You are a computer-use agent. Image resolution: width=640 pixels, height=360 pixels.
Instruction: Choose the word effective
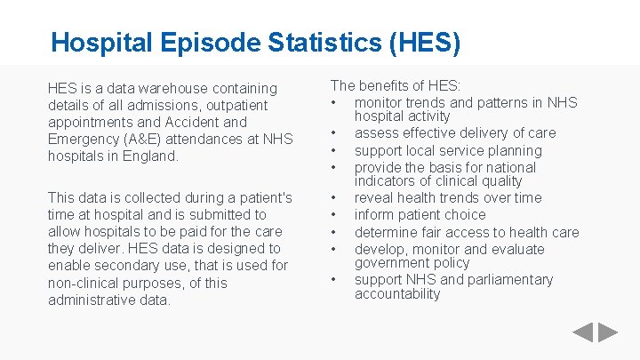tap(428, 132)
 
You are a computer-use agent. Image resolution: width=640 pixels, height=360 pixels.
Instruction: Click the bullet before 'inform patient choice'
tap(333, 214)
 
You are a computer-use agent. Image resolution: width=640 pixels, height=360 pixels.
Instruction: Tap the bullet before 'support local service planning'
tap(333, 150)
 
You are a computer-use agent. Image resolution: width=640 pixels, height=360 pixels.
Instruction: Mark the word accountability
tap(397, 293)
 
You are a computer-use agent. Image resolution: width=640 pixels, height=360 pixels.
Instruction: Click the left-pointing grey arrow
tap(581, 333)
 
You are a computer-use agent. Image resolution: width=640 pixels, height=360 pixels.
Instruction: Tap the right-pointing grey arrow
tap(607, 333)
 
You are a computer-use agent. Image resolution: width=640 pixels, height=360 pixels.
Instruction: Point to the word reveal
tap(374, 197)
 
